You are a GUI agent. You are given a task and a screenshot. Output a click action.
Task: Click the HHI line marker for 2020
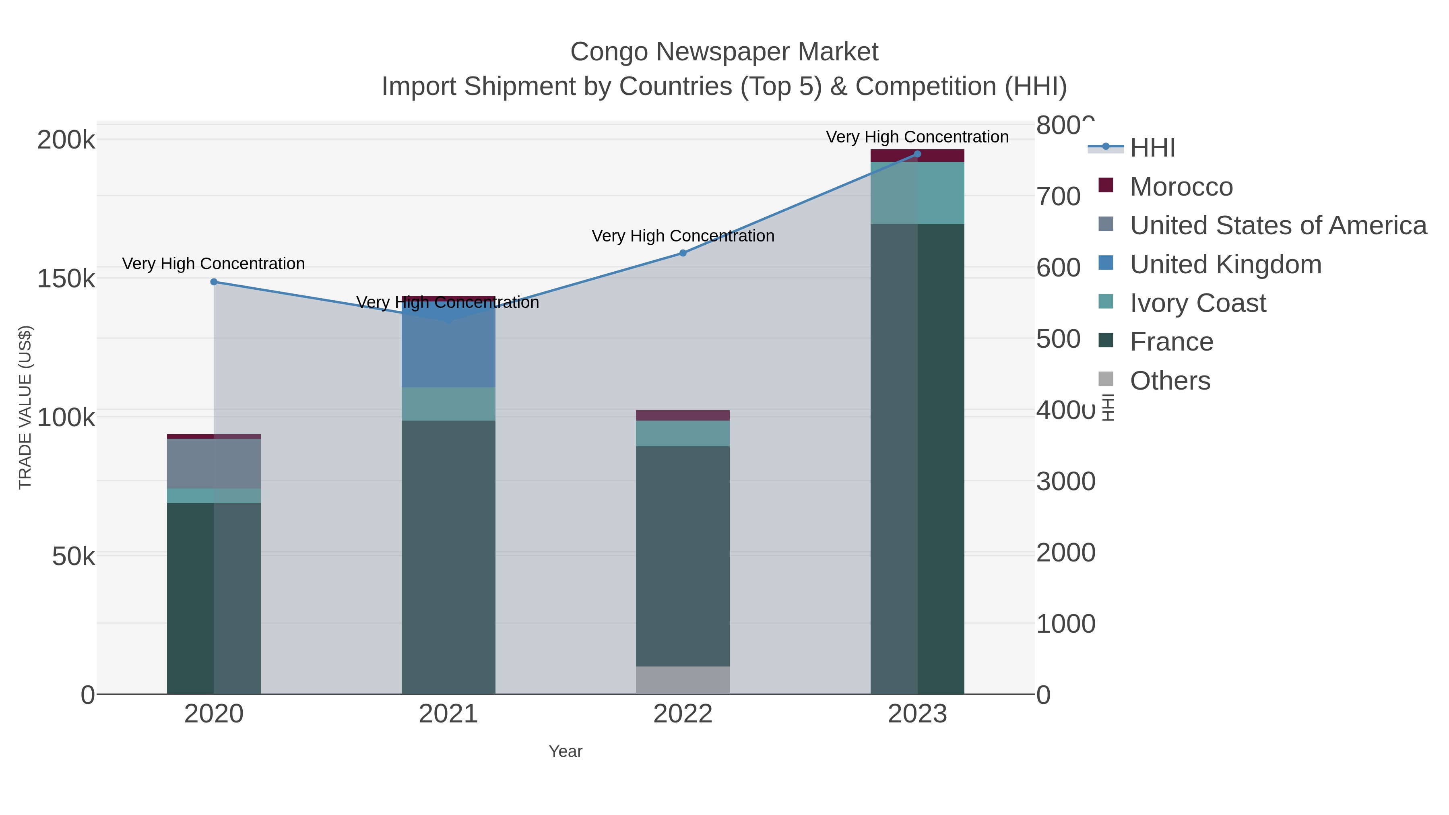214,282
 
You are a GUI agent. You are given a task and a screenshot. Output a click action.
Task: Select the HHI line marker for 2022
683,253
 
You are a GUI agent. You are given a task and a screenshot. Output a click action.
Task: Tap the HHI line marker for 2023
917,154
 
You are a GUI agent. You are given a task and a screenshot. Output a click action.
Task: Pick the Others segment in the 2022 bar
683,680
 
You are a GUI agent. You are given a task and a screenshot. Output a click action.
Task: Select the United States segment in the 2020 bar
214,464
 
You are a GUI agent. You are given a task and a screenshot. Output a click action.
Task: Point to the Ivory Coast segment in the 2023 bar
917,193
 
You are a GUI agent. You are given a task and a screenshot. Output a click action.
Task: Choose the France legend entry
1171,341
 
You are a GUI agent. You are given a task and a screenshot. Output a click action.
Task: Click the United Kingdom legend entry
1225,264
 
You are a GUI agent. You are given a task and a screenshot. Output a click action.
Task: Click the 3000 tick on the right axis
1065,481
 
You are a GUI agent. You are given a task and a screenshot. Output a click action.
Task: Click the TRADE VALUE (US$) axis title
25,407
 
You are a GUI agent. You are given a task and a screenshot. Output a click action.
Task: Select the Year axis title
566,751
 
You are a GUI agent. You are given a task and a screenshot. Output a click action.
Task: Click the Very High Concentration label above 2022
683,236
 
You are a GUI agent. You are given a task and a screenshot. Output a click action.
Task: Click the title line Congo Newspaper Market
724,52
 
